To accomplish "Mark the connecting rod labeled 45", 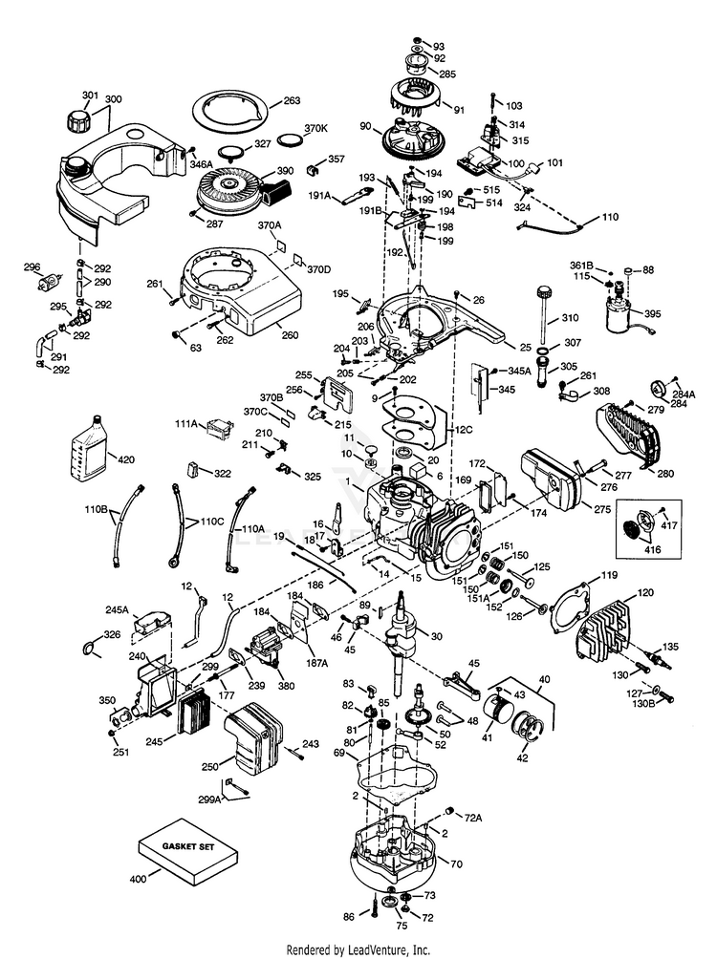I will pos(458,681).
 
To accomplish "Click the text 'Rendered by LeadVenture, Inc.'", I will pos(358,949).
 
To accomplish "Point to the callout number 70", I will pos(457,863).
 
